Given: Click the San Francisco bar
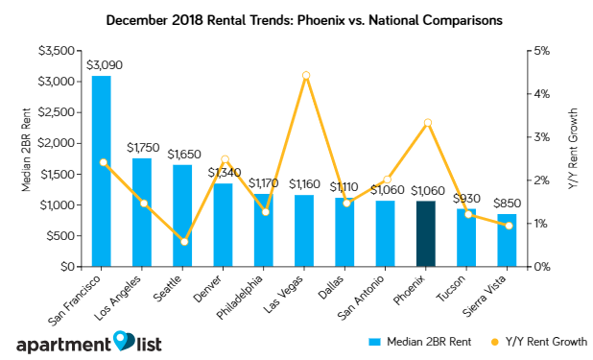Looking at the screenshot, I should pyautogui.click(x=101, y=171).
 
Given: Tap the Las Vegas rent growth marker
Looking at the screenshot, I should pyautogui.click(x=305, y=75).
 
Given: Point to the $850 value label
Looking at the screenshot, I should pyautogui.click(x=508, y=204).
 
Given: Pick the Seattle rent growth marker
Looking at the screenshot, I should pyautogui.click(x=184, y=241).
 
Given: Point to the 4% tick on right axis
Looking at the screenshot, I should pyautogui.click(x=541, y=94).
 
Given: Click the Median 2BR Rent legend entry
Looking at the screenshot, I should pyautogui.click(x=413, y=340).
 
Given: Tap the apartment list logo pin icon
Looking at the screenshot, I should pyautogui.click(x=124, y=341).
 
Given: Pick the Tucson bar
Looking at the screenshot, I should pyautogui.click(x=465, y=237).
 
